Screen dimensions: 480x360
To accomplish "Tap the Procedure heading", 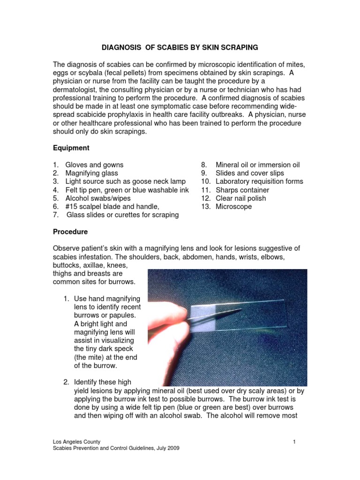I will pos(70,232).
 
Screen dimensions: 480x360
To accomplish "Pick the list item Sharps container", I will pos(242,190).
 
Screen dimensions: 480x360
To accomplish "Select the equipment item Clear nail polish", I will pos(240,198).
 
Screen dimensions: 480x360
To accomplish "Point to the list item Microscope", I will pos(233,207).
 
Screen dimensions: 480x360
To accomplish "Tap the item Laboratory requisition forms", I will pos(259,181).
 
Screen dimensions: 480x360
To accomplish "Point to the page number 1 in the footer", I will pos(294,442).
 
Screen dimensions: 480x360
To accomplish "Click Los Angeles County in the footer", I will pos(76,442).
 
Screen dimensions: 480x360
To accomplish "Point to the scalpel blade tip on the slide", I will pos(240,309).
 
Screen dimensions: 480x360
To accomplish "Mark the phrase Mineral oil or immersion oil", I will pos(257,165).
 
